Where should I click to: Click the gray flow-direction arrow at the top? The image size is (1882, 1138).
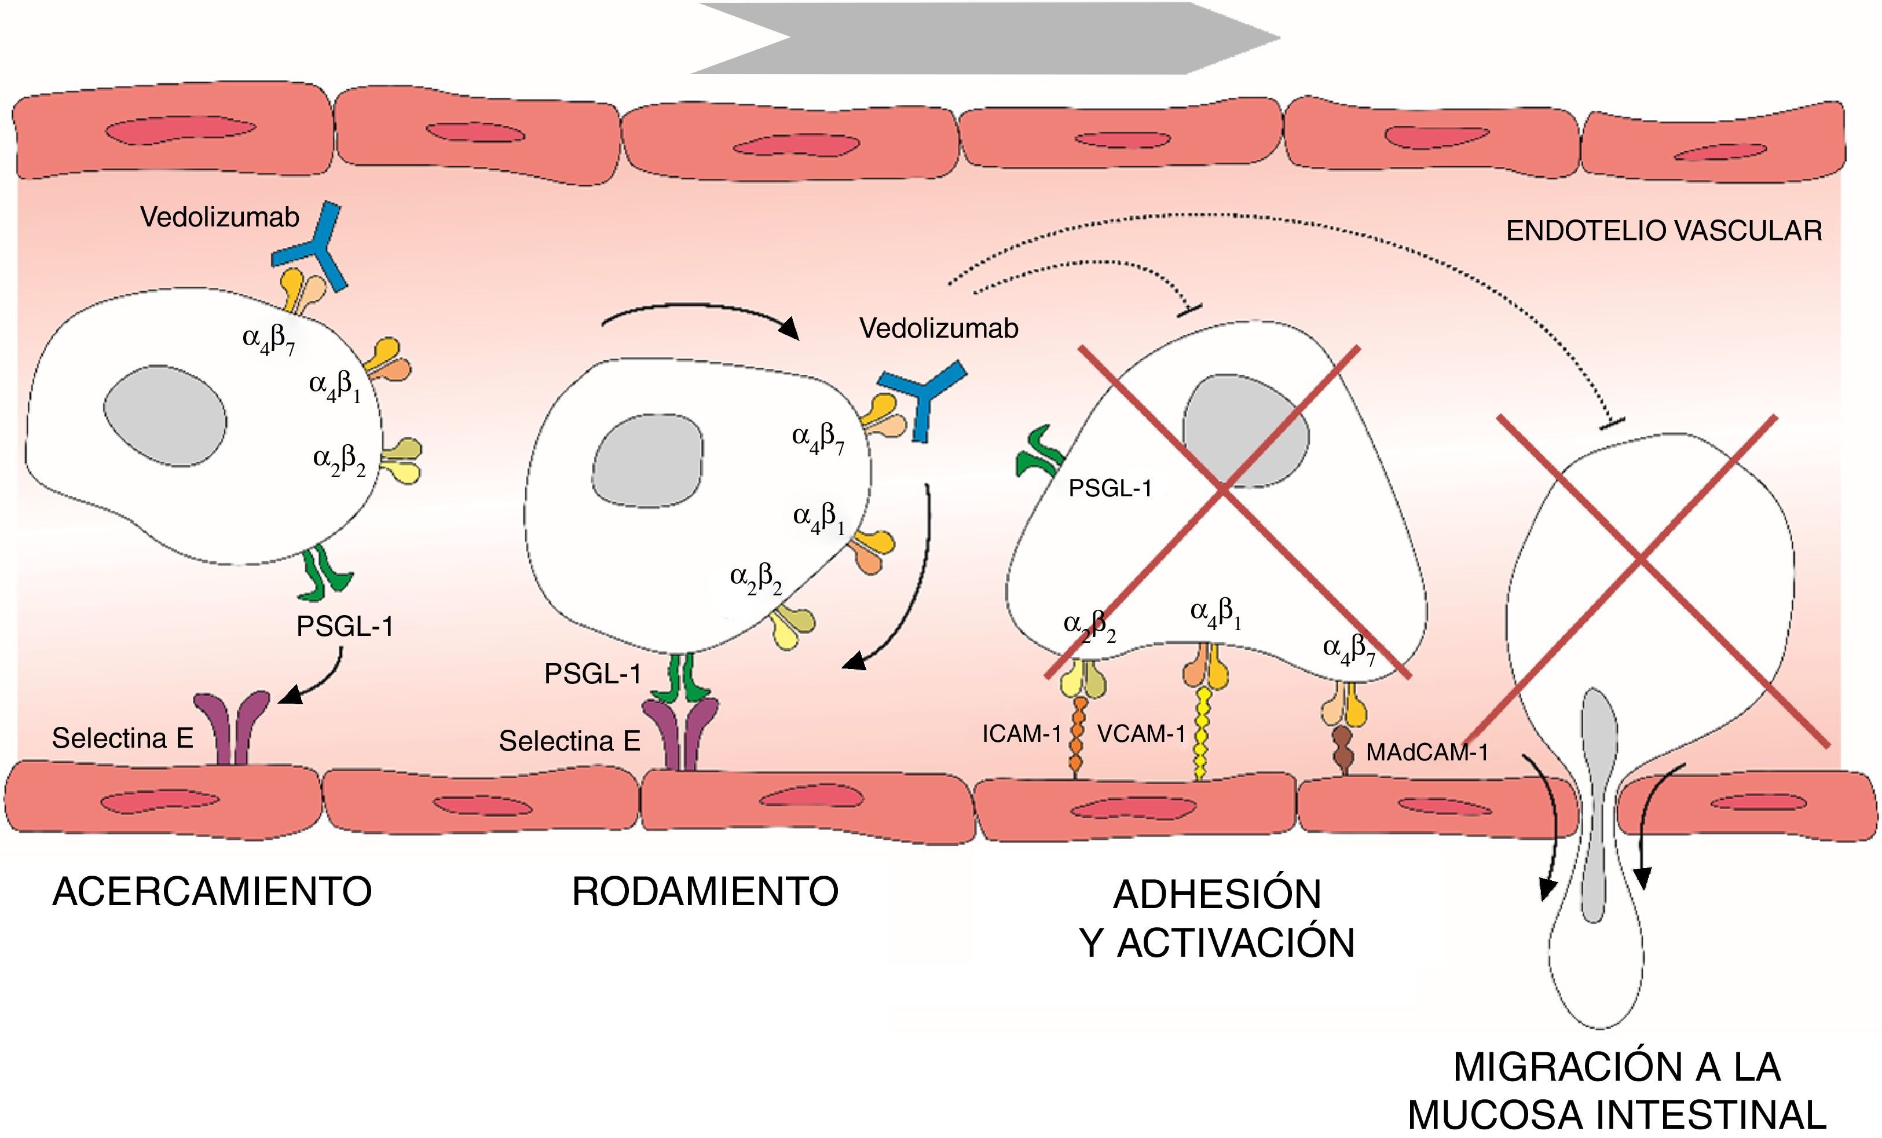(x=986, y=38)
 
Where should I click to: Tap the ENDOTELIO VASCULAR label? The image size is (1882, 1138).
(x=1664, y=230)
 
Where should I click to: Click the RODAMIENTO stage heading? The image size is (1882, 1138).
(x=705, y=891)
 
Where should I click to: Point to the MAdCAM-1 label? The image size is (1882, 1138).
(x=1427, y=752)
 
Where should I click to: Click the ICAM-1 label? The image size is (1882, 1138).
(x=1021, y=734)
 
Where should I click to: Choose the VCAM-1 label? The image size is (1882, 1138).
(x=1141, y=734)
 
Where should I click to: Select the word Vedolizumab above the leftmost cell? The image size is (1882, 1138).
(x=219, y=218)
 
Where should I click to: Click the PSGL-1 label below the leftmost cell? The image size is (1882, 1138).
(x=345, y=626)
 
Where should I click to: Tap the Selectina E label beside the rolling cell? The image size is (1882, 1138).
(x=569, y=741)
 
